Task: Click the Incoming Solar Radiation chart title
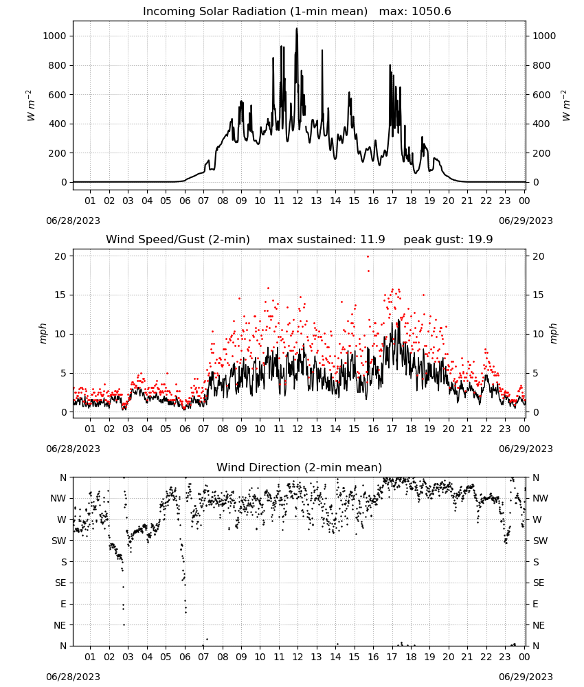[255, 12]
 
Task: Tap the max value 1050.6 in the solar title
[431, 12]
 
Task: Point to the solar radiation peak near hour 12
[297, 29]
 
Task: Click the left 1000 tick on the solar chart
[54, 36]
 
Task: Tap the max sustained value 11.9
[372, 240]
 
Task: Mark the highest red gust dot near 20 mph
[368, 257]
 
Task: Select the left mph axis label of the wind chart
[43, 333]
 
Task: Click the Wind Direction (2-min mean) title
[300, 467]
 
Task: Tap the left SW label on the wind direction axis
[59, 541]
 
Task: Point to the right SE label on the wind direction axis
[539, 583]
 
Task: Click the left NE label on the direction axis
[60, 625]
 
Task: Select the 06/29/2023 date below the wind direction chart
[526, 677]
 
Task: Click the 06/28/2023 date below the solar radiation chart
[73, 221]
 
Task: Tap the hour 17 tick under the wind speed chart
[392, 429]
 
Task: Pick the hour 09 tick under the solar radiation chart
[241, 201]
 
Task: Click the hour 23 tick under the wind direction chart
[505, 657]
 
